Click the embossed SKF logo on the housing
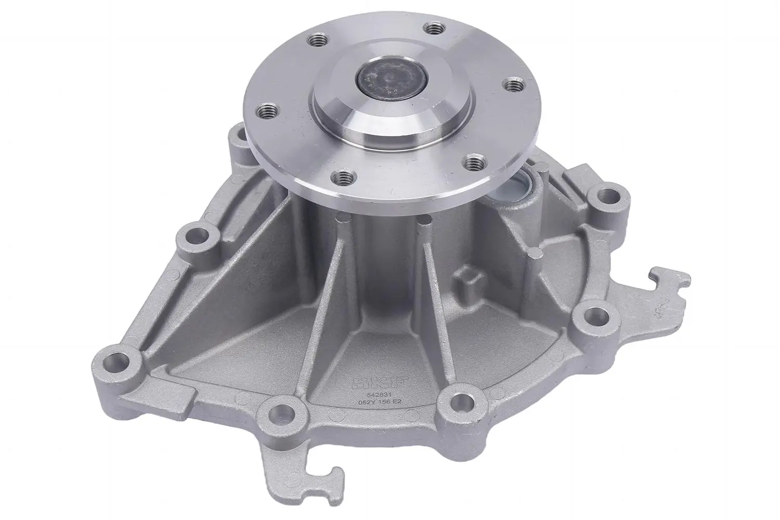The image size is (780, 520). click(x=370, y=383)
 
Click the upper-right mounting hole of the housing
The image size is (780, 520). click(x=606, y=197)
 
